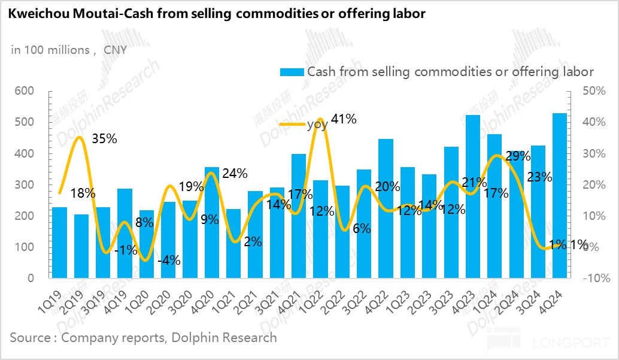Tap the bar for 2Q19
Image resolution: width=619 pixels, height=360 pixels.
pos(81,246)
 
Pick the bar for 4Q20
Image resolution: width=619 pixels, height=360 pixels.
pos(212,222)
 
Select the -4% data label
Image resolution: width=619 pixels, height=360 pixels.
pos(169,261)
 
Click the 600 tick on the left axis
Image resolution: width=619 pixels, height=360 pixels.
pos(23,91)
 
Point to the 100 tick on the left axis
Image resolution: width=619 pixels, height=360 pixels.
pos(23,247)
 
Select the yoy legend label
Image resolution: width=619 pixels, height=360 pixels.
pos(318,125)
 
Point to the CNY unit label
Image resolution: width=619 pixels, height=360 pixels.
pos(115,50)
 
